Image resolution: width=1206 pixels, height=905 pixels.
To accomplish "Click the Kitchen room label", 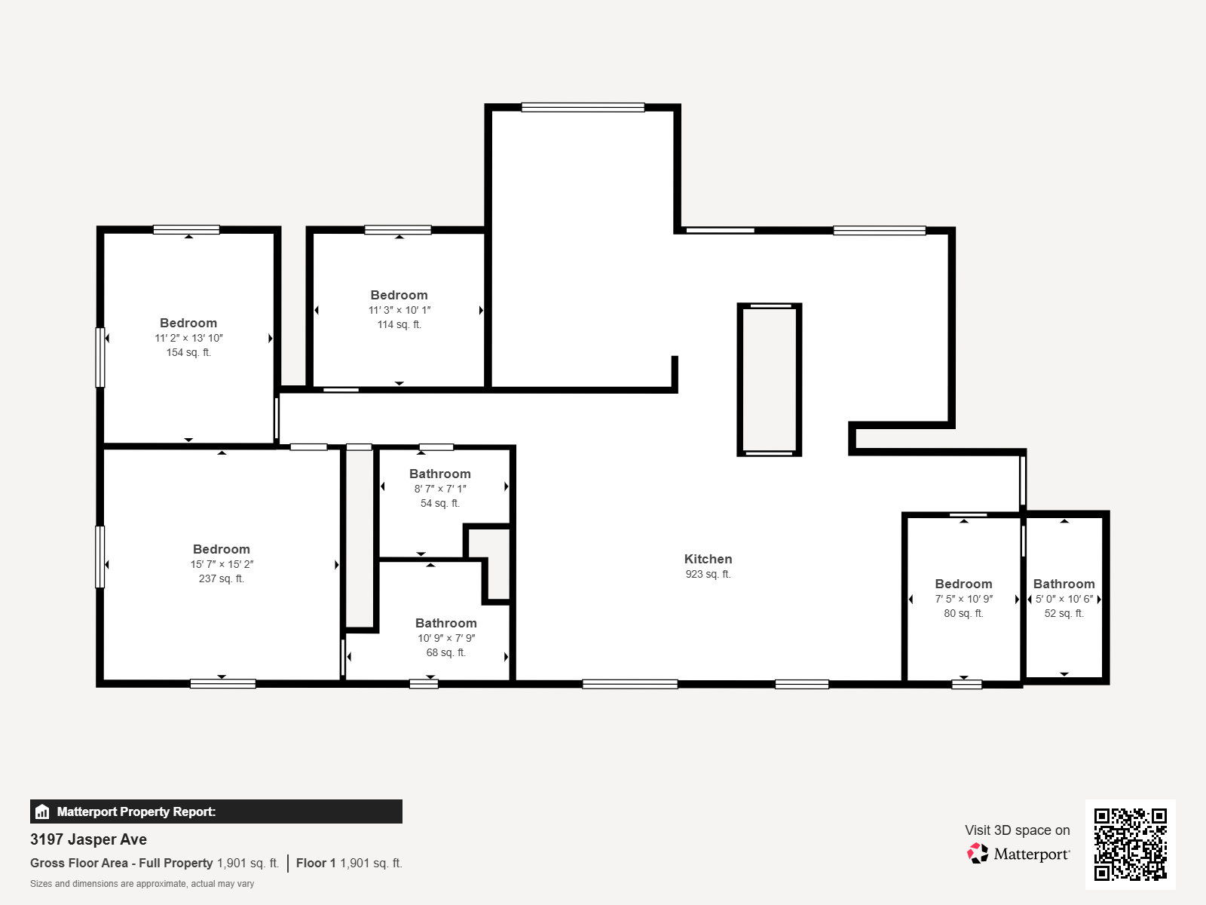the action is tap(708, 559).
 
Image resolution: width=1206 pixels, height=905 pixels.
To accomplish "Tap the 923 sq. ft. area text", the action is tap(708, 574).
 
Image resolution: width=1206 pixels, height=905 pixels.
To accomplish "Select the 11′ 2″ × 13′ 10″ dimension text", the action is tap(188, 338).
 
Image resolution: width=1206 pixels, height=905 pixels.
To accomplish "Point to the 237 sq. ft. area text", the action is tap(222, 578).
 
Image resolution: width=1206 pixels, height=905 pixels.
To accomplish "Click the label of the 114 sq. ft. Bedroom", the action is tap(399, 295).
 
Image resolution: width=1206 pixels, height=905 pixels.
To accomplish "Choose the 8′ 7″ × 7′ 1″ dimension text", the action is tap(440, 489).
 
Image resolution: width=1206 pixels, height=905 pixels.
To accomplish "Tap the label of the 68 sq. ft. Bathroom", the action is tap(445, 623).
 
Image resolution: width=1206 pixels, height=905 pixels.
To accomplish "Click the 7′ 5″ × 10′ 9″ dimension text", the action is tap(964, 599).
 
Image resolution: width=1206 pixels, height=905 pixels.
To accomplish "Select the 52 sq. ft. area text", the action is tap(1064, 613).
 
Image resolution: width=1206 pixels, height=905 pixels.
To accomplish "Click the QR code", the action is tap(1130, 844).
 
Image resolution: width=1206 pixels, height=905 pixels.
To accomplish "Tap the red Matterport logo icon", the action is tap(978, 854).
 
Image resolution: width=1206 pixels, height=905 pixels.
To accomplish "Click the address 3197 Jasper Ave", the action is tap(88, 839).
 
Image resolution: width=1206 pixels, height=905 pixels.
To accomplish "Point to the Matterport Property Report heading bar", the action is tap(216, 811).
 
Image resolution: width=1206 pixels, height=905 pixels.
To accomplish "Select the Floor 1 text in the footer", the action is tap(316, 864).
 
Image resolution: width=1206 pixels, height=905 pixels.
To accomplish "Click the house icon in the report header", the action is tap(42, 811).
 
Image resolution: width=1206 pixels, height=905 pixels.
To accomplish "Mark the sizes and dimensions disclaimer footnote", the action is tap(142, 884).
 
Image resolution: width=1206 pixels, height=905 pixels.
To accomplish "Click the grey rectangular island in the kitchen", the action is tap(770, 379).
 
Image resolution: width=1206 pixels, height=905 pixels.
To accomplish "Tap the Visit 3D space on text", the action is tap(1017, 830).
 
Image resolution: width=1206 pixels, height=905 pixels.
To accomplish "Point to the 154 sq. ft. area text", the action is tap(188, 352).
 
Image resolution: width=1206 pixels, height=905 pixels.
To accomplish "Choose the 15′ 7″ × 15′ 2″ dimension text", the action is tap(222, 564).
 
